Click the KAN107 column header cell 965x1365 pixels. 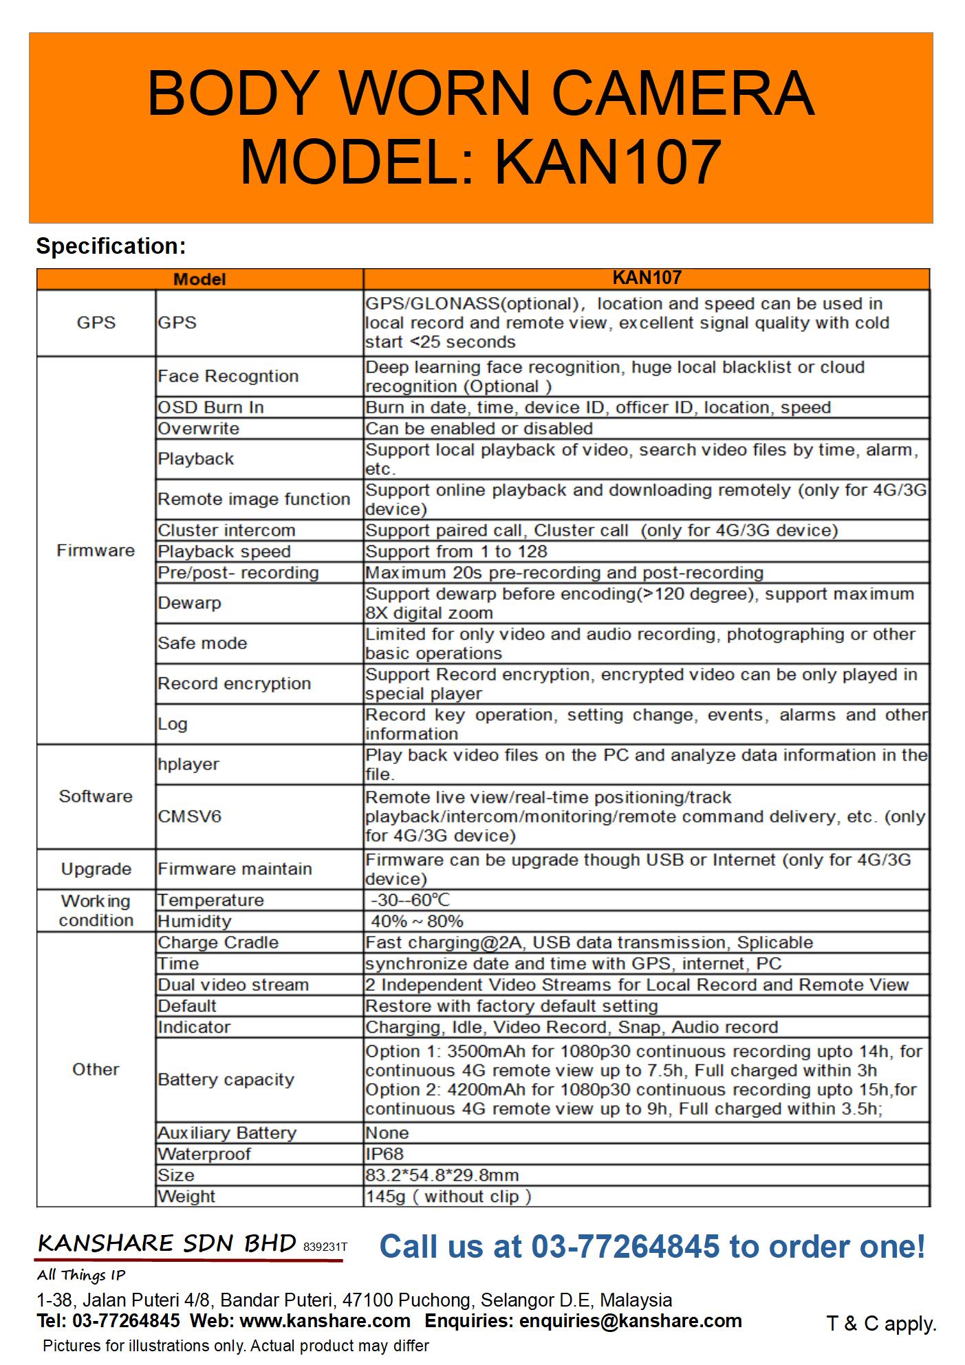pyautogui.click(x=646, y=278)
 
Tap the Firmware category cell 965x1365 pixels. pyautogui.click(x=96, y=550)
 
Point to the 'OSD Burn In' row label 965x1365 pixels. pyautogui.click(x=210, y=407)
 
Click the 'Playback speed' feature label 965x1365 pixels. pyautogui.click(x=224, y=552)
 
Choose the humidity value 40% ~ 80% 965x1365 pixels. pyautogui.click(x=417, y=921)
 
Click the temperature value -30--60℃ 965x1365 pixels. pyautogui.click(x=411, y=900)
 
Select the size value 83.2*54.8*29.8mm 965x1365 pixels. pyautogui.click(x=442, y=1175)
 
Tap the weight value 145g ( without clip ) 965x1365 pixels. pyautogui.click(x=448, y=1197)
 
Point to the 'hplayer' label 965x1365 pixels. pyautogui.click(x=188, y=764)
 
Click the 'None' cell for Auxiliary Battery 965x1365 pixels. pyautogui.click(x=387, y=1133)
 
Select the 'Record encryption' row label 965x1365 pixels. pyautogui.click(x=234, y=684)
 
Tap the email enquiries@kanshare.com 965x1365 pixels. pyautogui.click(x=630, y=1321)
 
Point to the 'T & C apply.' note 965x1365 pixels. pyautogui.click(x=881, y=1324)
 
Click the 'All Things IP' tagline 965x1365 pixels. pyautogui.click(x=81, y=1275)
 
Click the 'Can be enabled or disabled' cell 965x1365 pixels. pyautogui.click(x=479, y=428)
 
